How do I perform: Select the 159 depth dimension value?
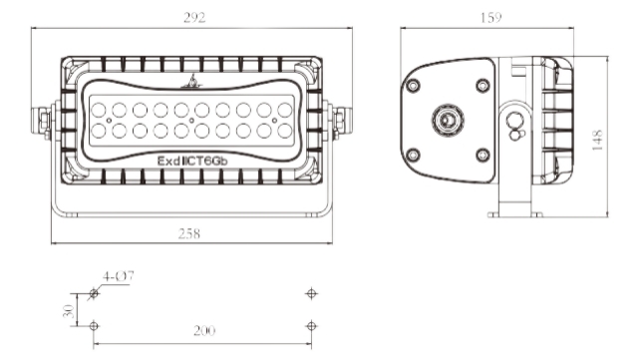pyautogui.click(x=490, y=18)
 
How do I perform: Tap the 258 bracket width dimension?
pyautogui.click(x=189, y=233)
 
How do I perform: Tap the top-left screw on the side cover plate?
pyautogui.click(x=410, y=85)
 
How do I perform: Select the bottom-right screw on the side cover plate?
pyautogui.click(x=482, y=155)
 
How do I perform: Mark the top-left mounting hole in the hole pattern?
pyautogui.click(x=94, y=293)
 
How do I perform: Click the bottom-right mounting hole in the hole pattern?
pyautogui.click(x=312, y=326)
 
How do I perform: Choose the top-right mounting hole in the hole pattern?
pyautogui.click(x=312, y=293)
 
